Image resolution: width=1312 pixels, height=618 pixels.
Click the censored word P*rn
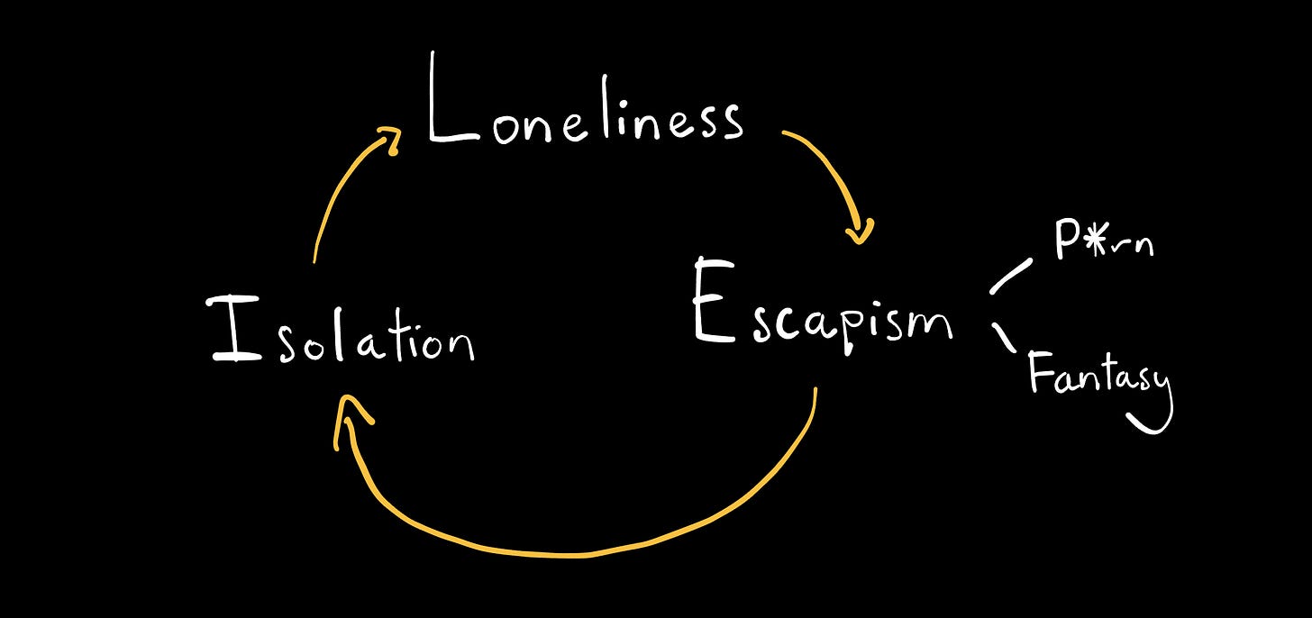1103,240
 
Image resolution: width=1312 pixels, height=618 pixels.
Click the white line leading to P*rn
1011,277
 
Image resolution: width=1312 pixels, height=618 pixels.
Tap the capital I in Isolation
236,329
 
